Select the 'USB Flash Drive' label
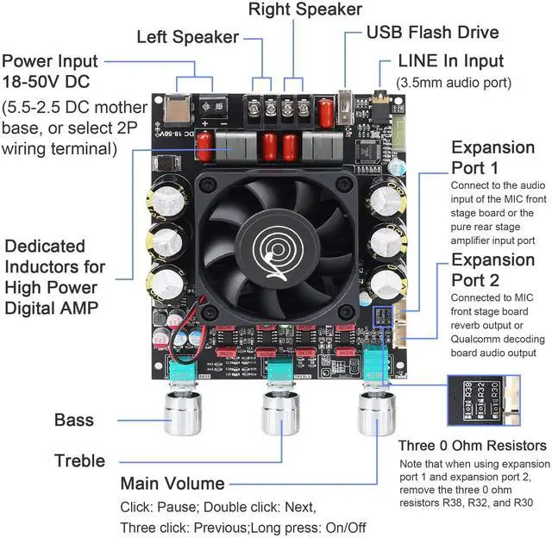click(x=432, y=33)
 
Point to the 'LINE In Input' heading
click(x=451, y=62)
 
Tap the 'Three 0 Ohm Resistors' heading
click(x=473, y=445)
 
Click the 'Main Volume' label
click(x=172, y=483)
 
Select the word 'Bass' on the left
click(x=74, y=421)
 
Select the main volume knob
click(x=376, y=414)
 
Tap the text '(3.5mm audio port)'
click(x=454, y=83)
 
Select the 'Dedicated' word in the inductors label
click(x=44, y=247)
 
